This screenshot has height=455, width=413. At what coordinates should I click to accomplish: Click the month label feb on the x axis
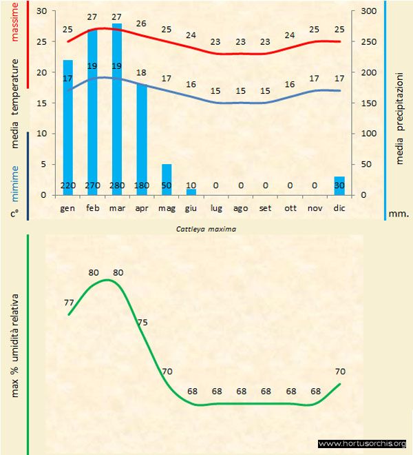click(92, 208)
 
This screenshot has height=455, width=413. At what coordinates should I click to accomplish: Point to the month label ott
click(290, 208)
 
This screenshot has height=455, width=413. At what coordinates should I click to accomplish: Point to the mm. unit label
click(399, 214)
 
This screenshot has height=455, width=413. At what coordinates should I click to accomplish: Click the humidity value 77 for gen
click(68, 302)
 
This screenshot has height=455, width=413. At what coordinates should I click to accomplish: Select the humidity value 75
click(142, 322)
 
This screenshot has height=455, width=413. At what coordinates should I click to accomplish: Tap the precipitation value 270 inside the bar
click(92, 185)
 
